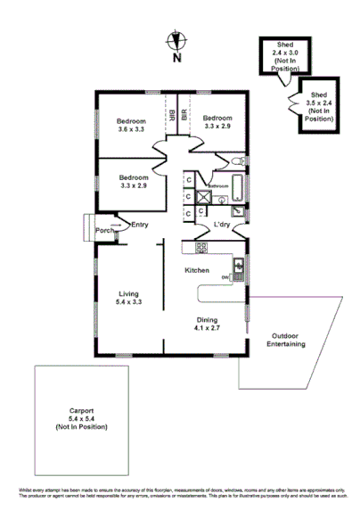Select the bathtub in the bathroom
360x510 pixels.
tap(236, 188)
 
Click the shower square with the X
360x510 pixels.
tap(204, 197)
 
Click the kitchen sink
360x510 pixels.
tap(238, 265)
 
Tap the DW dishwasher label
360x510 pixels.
tap(225, 277)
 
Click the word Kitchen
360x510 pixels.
tap(197, 269)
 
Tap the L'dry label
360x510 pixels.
tap(222, 225)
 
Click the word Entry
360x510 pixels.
tap(140, 225)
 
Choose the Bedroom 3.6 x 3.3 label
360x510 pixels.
tap(131, 124)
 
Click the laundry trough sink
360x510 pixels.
tap(237, 211)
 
